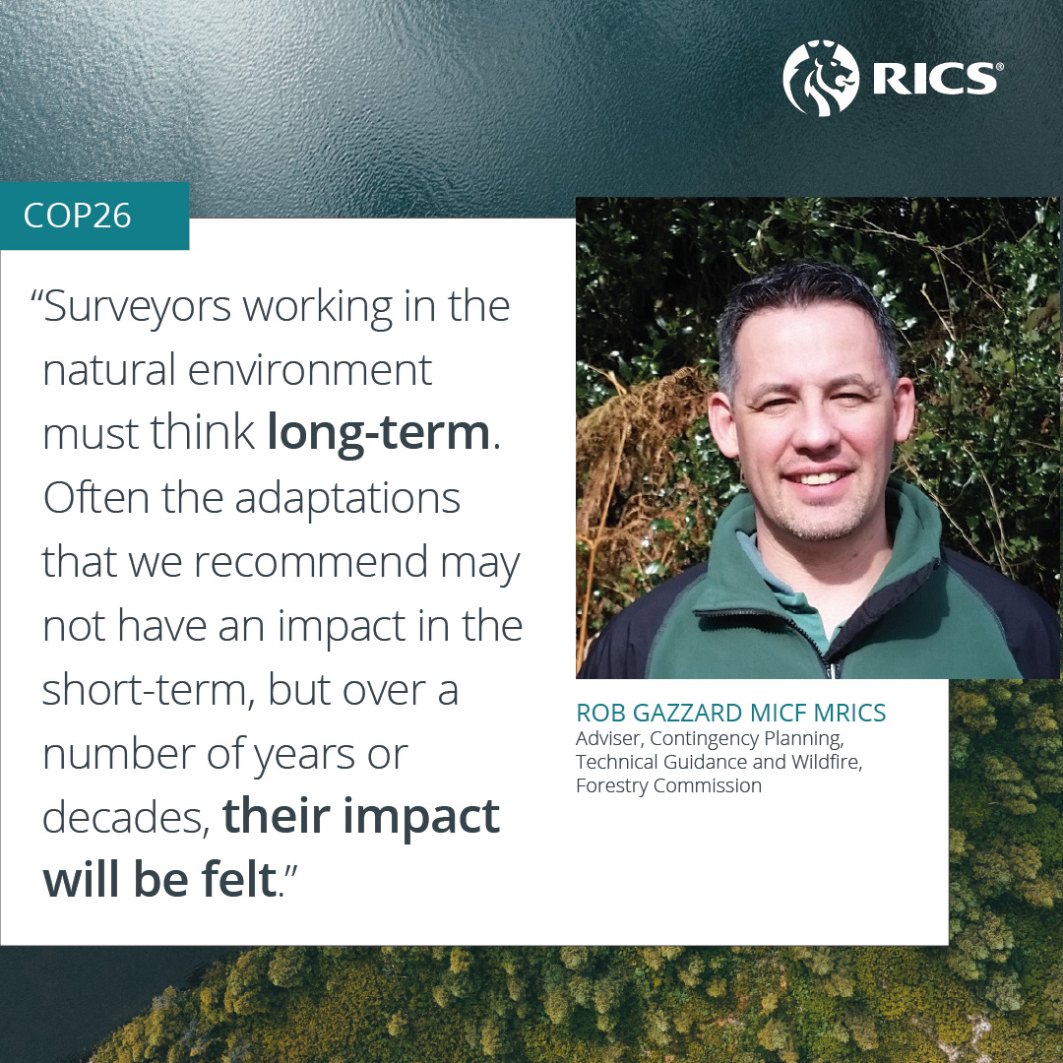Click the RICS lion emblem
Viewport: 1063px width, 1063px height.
tap(821, 78)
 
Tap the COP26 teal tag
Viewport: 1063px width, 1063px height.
tap(94, 216)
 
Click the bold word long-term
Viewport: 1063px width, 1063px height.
tap(379, 433)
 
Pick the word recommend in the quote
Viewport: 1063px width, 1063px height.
tap(312, 563)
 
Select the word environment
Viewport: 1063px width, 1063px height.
tap(310, 371)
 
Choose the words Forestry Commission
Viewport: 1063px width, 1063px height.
tap(668, 785)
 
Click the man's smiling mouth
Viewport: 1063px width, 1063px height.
tap(818, 478)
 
